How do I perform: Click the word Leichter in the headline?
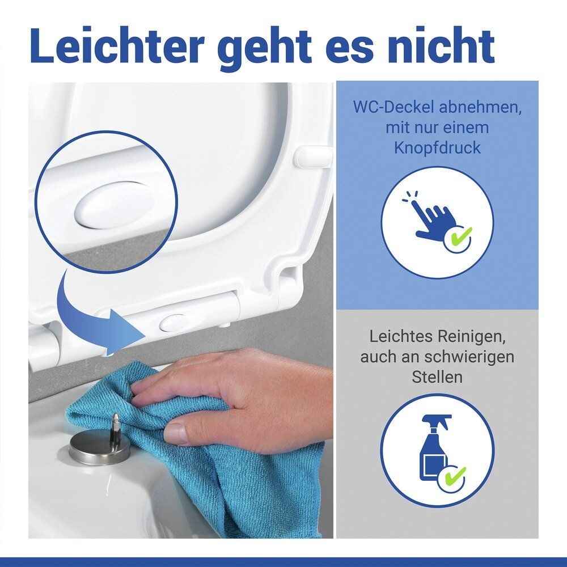117,46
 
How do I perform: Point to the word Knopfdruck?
437,148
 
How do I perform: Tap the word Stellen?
437,377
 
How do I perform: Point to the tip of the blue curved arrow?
146,330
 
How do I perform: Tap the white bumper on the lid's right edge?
314,157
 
